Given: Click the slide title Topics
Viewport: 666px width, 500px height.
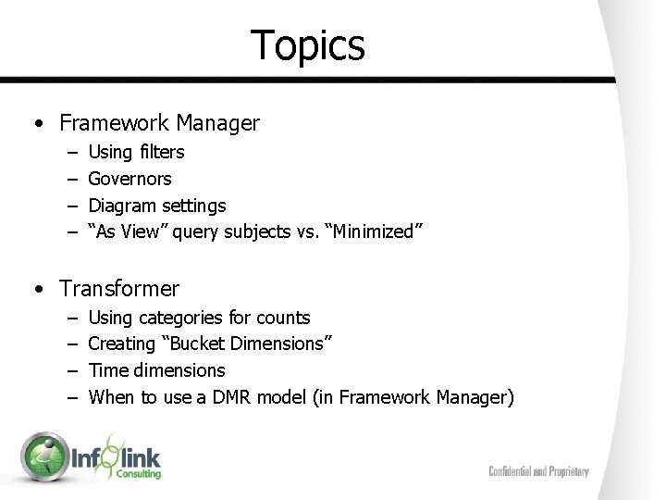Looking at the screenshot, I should point(308,45).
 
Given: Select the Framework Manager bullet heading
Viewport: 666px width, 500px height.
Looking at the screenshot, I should point(159,122).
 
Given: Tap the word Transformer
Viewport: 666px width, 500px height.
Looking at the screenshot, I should point(119,289).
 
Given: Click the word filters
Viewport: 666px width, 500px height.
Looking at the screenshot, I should point(161,152).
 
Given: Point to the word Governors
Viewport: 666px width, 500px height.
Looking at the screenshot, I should point(129,179).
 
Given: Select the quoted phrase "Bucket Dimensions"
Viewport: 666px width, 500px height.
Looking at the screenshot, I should point(246,344).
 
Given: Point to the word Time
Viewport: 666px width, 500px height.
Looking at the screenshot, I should point(107,370).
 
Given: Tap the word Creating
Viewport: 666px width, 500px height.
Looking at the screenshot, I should point(121,344).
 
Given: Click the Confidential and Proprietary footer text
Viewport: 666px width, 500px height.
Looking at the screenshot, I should point(538,471).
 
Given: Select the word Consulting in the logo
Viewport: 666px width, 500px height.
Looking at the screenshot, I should point(138,474).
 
